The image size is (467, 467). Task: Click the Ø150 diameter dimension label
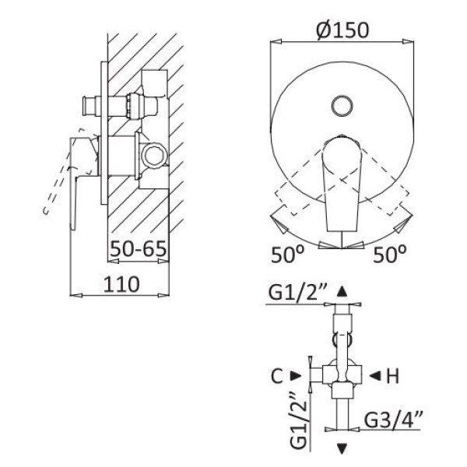click(342, 30)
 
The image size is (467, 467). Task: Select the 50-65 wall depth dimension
click(139, 248)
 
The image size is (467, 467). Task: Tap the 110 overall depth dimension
click(121, 284)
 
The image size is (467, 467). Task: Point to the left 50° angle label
click(287, 255)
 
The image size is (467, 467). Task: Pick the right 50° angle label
click(390, 255)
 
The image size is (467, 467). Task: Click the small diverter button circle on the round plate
click(342, 106)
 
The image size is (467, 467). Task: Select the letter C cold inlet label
click(277, 376)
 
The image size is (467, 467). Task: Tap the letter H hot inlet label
click(392, 376)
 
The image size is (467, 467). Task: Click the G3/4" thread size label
click(393, 419)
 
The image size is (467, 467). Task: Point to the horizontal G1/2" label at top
click(298, 293)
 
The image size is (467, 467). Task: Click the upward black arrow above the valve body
click(342, 291)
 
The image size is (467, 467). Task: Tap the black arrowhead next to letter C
click(297, 376)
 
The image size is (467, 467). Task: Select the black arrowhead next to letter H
click(375, 376)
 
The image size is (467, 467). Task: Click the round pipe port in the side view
click(155, 156)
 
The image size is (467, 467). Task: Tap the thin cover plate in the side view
click(104, 133)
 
